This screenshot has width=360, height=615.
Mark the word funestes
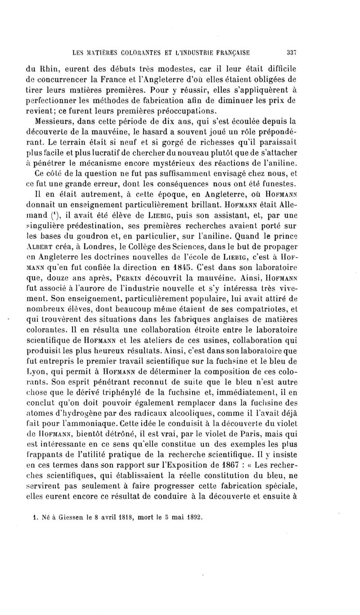click(x=279, y=183)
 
